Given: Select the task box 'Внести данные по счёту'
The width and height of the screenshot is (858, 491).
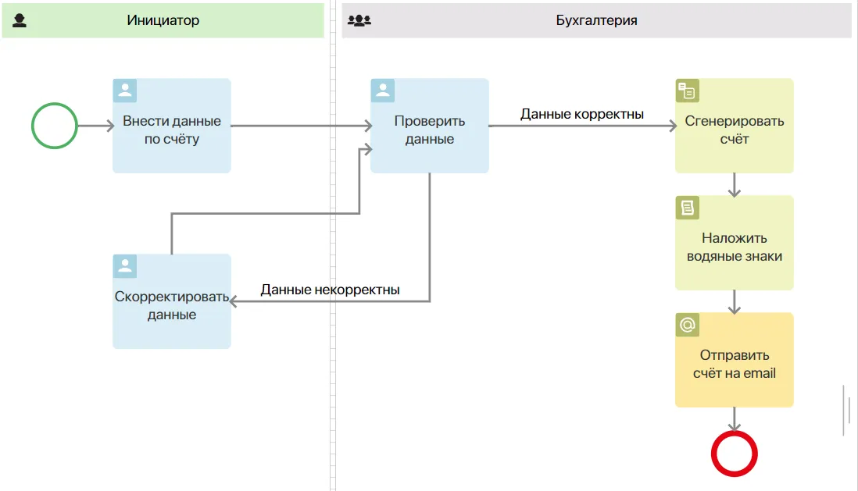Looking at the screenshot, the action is pos(172,126).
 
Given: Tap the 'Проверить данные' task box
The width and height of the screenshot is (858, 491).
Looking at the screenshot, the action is pos(430,126).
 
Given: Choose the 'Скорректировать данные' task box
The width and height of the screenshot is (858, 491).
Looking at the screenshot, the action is pos(172,301).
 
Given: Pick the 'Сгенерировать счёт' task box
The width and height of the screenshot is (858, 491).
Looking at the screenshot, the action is pos(735,126).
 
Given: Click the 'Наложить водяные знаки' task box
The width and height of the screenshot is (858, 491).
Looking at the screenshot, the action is pos(735,243).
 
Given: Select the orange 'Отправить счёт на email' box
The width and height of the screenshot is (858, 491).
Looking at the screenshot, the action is pos(735,360).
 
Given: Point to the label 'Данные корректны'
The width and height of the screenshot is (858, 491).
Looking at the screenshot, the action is pos(581,114).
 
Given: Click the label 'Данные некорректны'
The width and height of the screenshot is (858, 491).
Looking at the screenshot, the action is pos(330,290).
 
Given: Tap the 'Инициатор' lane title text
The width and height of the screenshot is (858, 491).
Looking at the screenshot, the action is pos(163,20).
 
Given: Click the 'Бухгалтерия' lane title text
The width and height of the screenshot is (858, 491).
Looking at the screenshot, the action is pos(596,20).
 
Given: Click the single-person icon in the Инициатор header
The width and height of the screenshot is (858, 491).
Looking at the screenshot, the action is pos(20,20).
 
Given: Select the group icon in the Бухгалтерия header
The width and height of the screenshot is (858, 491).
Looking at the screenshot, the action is pos(359,20).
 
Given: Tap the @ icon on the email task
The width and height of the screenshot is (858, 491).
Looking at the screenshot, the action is pos(688,325).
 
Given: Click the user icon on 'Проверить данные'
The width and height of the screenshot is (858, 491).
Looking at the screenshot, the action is pos(382,91).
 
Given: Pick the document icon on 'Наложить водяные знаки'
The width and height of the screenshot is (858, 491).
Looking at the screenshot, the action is pos(688,208).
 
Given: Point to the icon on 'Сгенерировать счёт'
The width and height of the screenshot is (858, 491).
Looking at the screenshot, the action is pos(688,91).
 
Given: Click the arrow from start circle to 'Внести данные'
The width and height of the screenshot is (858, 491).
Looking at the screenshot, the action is pos(96,126).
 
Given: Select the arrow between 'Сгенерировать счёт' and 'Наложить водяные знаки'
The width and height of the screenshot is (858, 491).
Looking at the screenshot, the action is pos(735,185).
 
